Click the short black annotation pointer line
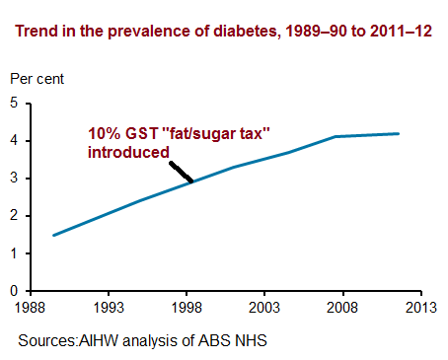click(181, 171)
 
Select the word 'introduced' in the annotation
click(126, 153)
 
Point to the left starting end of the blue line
click(53, 235)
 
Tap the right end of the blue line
click(399, 133)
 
